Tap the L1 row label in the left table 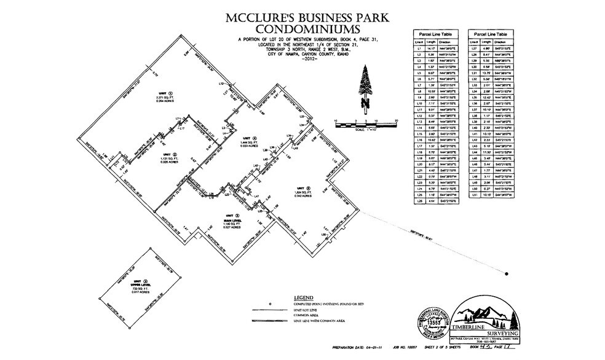tap(418, 46)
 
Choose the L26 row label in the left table tap(418, 200)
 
